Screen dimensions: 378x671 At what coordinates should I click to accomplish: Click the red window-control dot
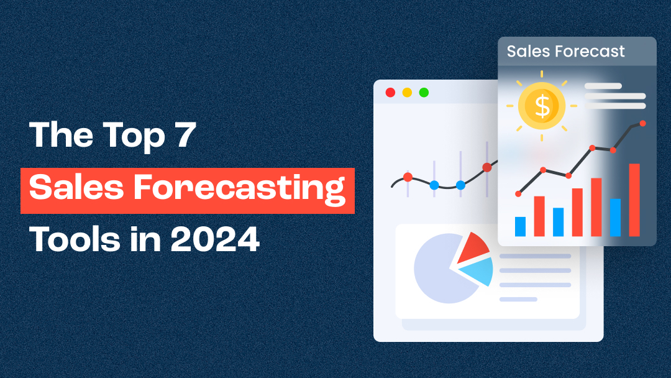390,93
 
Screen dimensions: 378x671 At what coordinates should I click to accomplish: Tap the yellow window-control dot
407,93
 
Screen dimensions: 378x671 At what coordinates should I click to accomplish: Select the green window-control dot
424,93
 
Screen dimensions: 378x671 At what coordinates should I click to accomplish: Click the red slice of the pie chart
473,247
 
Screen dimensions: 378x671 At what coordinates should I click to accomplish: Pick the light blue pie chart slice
478,271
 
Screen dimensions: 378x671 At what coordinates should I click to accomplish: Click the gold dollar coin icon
542,106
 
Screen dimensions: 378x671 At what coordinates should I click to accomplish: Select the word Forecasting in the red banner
260,188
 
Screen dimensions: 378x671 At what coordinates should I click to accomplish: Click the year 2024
215,239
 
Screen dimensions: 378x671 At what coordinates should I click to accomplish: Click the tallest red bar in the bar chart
634,200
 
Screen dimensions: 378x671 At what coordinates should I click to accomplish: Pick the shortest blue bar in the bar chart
520,226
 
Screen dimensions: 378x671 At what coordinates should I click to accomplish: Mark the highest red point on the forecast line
642,123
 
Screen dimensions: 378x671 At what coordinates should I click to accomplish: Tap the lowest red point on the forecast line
519,194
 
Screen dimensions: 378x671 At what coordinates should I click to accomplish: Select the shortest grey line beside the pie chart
518,299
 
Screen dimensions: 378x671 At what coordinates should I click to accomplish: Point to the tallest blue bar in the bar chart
615,217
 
